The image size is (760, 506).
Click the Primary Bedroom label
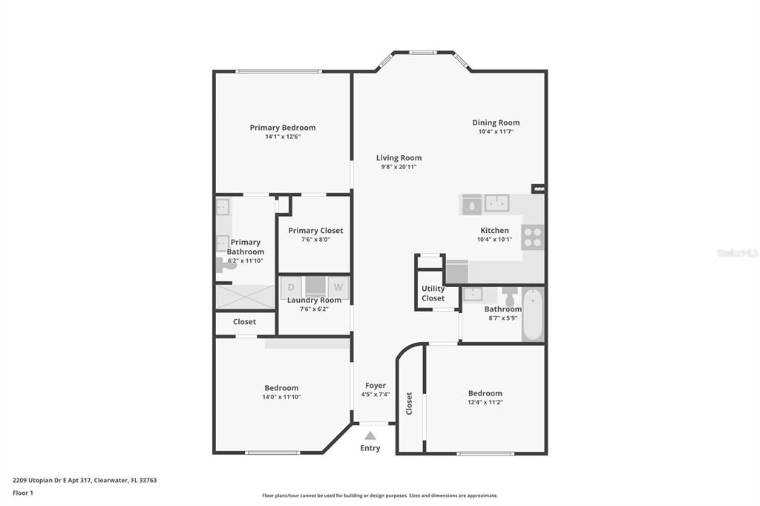pos(283,128)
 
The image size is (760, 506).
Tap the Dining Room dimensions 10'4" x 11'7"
pos(496,131)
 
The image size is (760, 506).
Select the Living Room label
pos(399,158)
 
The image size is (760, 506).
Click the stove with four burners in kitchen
pos(533,237)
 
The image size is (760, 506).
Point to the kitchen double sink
pos(497,203)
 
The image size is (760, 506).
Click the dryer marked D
pos(291,287)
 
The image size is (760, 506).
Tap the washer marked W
pos(338,287)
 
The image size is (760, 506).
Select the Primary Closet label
pos(315,231)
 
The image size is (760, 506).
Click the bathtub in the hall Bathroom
pos(533,314)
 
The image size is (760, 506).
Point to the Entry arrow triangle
pos(370,436)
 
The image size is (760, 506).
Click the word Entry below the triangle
pos(370,448)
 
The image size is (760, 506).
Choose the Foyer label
pos(376,386)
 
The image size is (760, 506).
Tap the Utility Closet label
pos(433,293)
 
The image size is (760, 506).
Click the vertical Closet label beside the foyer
pos(409,404)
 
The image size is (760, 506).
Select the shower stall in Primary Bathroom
pos(245,297)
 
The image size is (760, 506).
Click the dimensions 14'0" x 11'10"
pos(281,397)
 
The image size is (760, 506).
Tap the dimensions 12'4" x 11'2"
pos(485,402)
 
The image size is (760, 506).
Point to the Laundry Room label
pos(314,300)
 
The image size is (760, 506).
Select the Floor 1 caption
pos(23,493)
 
